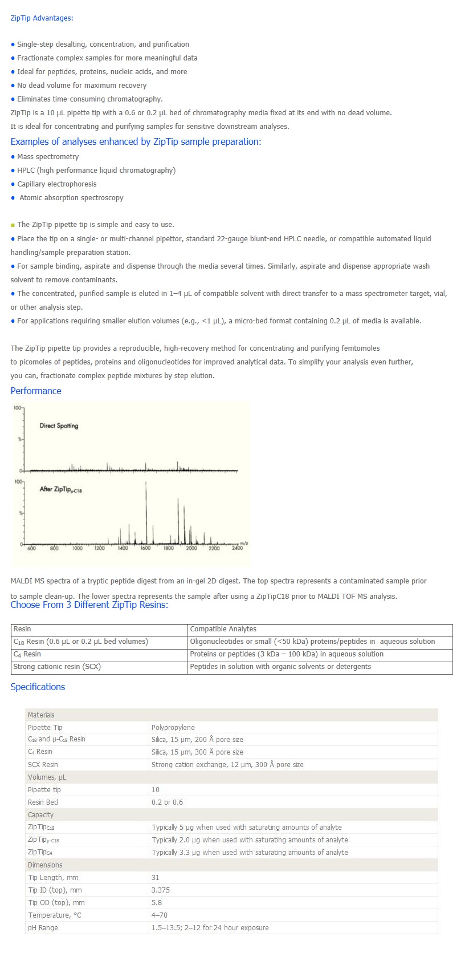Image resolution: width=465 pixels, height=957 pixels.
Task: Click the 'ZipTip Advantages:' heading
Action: pos(42,18)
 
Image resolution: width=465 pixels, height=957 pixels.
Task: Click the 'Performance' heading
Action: pos(36,391)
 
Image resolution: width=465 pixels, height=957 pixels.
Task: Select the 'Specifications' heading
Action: pos(38,687)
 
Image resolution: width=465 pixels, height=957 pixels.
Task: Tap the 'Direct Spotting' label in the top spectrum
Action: pos(59,425)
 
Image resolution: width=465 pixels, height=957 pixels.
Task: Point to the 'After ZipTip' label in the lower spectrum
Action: pos(60,489)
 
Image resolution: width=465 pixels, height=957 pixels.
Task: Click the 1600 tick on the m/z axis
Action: pos(146,548)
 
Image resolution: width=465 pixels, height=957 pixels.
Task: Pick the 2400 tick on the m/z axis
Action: pos(237,548)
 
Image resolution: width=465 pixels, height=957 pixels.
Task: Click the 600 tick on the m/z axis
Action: pos(32,548)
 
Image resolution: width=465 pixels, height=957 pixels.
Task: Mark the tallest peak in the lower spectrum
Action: pos(146,484)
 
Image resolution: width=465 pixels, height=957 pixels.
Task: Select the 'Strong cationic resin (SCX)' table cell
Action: pos(57,667)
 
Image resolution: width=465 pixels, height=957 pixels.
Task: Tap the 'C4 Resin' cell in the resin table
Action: pos(27,654)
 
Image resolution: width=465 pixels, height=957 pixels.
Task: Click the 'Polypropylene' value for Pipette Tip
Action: pos(173,727)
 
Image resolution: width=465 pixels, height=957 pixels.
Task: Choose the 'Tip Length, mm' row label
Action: pos(53,878)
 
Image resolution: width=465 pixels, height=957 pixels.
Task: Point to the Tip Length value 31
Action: pos(156,878)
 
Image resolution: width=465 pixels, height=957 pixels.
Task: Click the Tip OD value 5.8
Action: pos(157,903)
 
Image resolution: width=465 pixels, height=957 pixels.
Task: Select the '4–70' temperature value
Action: pos(159,915)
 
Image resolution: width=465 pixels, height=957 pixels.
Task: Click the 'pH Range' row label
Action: pos(43,928)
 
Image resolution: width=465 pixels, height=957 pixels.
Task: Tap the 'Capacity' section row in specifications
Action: pos(40,815)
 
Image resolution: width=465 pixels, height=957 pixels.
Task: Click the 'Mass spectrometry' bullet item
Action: pos(48,157)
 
